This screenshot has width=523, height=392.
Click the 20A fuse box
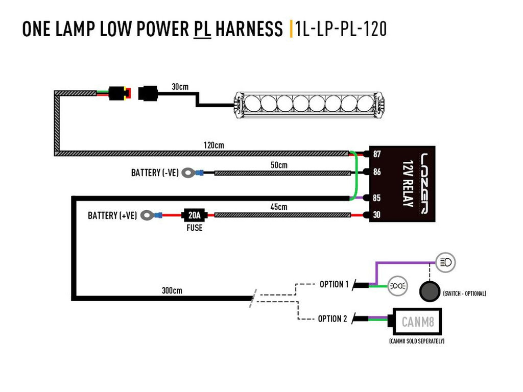[194, 215]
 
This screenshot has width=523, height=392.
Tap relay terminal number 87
[377, 154]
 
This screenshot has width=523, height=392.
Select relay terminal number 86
[377, 172]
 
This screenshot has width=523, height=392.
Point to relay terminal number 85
[377, 197]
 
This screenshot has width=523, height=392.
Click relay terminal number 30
[377, 215]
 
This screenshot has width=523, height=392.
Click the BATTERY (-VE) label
[155, 173]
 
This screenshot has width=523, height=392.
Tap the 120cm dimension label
[213, 145]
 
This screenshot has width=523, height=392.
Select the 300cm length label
[172, 291]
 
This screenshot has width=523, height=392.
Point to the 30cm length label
[180, 87]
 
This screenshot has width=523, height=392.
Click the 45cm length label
[279, 207]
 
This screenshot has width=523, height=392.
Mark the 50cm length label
[279, 165]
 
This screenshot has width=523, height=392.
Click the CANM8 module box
[417, 322]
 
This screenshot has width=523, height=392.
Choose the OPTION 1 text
[334, 284]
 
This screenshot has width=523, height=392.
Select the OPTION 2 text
[332, 319]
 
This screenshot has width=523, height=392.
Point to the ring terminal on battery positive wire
[148, 215]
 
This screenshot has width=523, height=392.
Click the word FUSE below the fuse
[194, 228]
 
